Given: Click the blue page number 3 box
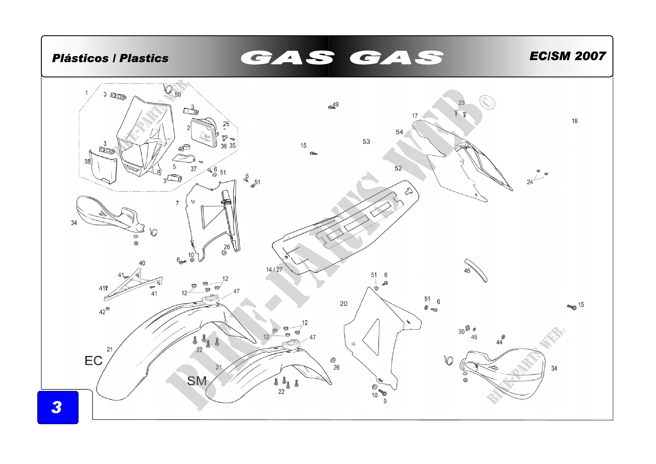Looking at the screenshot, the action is (58, 407).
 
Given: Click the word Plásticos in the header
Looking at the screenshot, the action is (80, 58).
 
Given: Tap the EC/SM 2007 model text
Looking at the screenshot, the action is (567, 56).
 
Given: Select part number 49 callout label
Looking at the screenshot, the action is (336, 104).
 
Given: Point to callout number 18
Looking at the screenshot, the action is (575, 121).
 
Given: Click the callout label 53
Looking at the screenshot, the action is (366, 141).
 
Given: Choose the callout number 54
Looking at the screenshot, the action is (399, 132).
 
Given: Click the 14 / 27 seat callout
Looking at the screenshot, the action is (274, 269).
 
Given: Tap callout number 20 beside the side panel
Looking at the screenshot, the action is (344, 304).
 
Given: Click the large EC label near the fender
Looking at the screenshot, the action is (93, 360).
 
